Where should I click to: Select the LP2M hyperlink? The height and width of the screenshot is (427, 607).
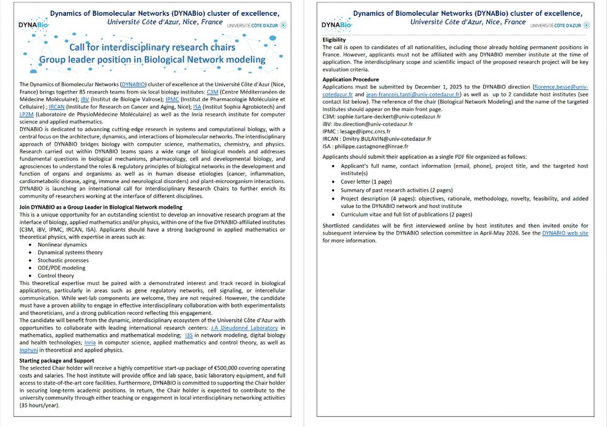click(27, 113)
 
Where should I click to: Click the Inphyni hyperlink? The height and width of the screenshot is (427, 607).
click(29, 350)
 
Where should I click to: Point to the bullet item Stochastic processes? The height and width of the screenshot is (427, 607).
click(63, 260)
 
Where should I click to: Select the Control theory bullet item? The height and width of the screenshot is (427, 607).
click(56, 275)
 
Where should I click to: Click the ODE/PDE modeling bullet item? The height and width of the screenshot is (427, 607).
click(61, 267)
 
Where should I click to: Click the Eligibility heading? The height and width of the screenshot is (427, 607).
click(334, 39)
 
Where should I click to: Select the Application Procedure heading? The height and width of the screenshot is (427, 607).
click(350, 79)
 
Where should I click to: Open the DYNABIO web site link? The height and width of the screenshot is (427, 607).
click(565, 233)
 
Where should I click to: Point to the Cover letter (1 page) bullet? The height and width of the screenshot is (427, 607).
click(366, 181)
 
